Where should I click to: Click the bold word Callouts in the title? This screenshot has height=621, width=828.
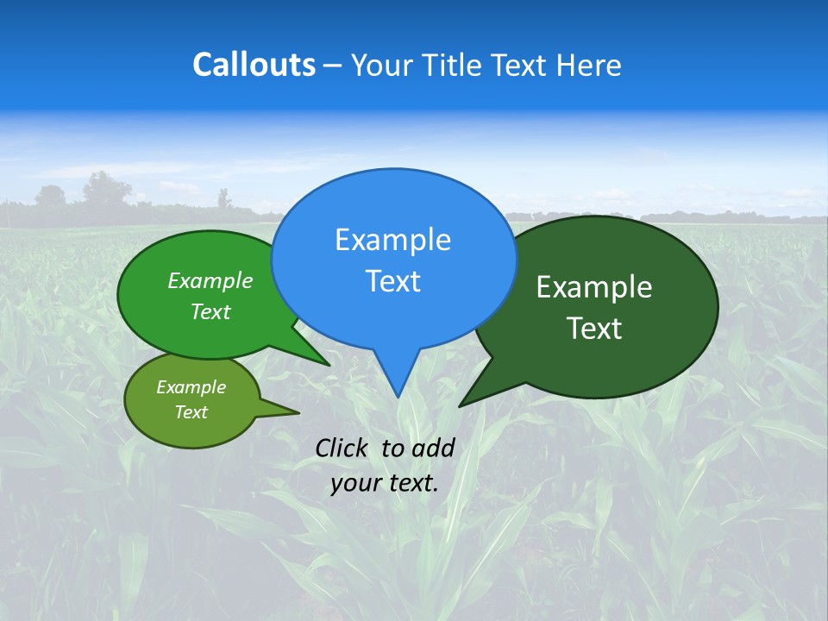(254, 65)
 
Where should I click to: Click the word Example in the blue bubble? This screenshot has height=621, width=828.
(392, 240)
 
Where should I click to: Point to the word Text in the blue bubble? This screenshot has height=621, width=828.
(392, 281)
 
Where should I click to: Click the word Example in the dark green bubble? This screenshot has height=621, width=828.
(594, 287)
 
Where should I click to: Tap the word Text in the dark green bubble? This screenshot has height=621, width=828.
(594, 329)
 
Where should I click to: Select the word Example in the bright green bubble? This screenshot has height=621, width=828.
(210, 280)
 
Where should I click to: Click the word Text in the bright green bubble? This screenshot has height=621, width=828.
(210, 311)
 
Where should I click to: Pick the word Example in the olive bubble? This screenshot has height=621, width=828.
(191, 387)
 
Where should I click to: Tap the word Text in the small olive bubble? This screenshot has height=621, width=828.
(191, 412)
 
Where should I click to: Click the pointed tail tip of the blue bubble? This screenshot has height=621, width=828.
(398, 397)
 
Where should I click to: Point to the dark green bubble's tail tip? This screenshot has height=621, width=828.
(460, 405)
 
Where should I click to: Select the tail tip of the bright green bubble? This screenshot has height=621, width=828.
(329, 365)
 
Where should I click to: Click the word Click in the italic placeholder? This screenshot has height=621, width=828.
(343, 448)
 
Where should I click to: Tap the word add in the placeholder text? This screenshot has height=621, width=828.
(432, 448)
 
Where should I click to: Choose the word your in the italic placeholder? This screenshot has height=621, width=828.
(354, 483)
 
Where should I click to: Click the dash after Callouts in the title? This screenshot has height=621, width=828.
(333, 66)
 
